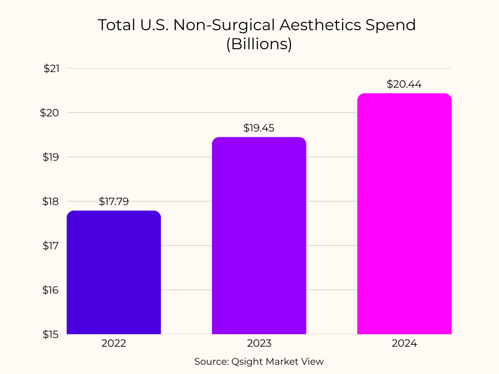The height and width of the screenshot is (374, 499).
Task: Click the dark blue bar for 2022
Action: (x=114, y=273)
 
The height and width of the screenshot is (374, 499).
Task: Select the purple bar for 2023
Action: (x=259, y=236)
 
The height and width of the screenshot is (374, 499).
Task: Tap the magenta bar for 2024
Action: (x=404, y=214)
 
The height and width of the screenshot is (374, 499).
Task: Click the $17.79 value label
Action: (x=114, y=202)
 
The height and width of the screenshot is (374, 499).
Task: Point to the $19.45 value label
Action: (x=259, y=128)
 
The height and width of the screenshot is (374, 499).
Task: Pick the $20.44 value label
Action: (x=404, y=84)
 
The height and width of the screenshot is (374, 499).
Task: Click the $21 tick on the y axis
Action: (x=51, y=69)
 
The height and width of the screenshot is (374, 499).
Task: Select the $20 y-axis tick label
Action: (x=51, y=113)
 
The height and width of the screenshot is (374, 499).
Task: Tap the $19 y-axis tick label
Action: (x=51, y=157)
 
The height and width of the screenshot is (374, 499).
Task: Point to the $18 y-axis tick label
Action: (x=51, y=202)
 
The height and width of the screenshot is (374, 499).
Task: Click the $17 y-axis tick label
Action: (x=51, y=246)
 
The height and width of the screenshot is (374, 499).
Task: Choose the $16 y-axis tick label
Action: (x=51, y=290)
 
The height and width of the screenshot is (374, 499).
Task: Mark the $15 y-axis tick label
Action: (x=51, y=335)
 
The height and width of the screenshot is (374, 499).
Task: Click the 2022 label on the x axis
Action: (x=114, y=343)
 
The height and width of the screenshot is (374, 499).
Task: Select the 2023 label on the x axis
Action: (x=259, y=343)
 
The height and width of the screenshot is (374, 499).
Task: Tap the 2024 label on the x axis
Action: (x=404, y=343)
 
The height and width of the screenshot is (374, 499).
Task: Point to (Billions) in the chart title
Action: (x=259, y=44)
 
